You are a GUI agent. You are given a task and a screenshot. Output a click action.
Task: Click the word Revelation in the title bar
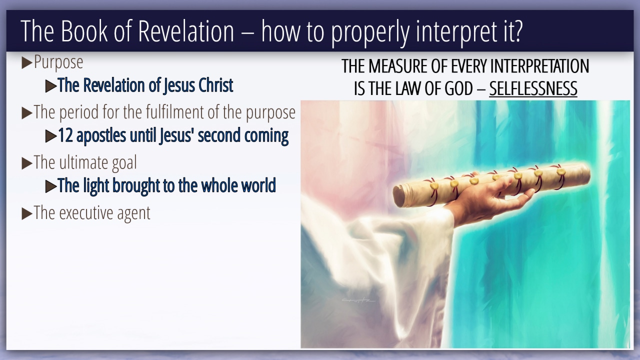186,31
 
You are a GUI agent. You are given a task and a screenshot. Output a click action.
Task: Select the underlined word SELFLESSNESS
533,88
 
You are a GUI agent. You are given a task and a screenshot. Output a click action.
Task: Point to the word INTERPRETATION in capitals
539,66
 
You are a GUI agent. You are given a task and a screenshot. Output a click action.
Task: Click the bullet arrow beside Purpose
27,63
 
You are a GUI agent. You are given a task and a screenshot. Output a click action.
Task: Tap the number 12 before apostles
65,135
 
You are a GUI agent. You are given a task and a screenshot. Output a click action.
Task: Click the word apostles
101,136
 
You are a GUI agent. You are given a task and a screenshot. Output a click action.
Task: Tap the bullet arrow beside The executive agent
27,213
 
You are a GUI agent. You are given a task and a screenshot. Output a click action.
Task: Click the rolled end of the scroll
399,197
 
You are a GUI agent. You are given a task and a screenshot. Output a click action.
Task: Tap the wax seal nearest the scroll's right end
561,171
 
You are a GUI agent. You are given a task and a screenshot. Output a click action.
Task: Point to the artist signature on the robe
358,300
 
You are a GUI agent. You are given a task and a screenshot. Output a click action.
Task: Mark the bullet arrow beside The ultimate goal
27,163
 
